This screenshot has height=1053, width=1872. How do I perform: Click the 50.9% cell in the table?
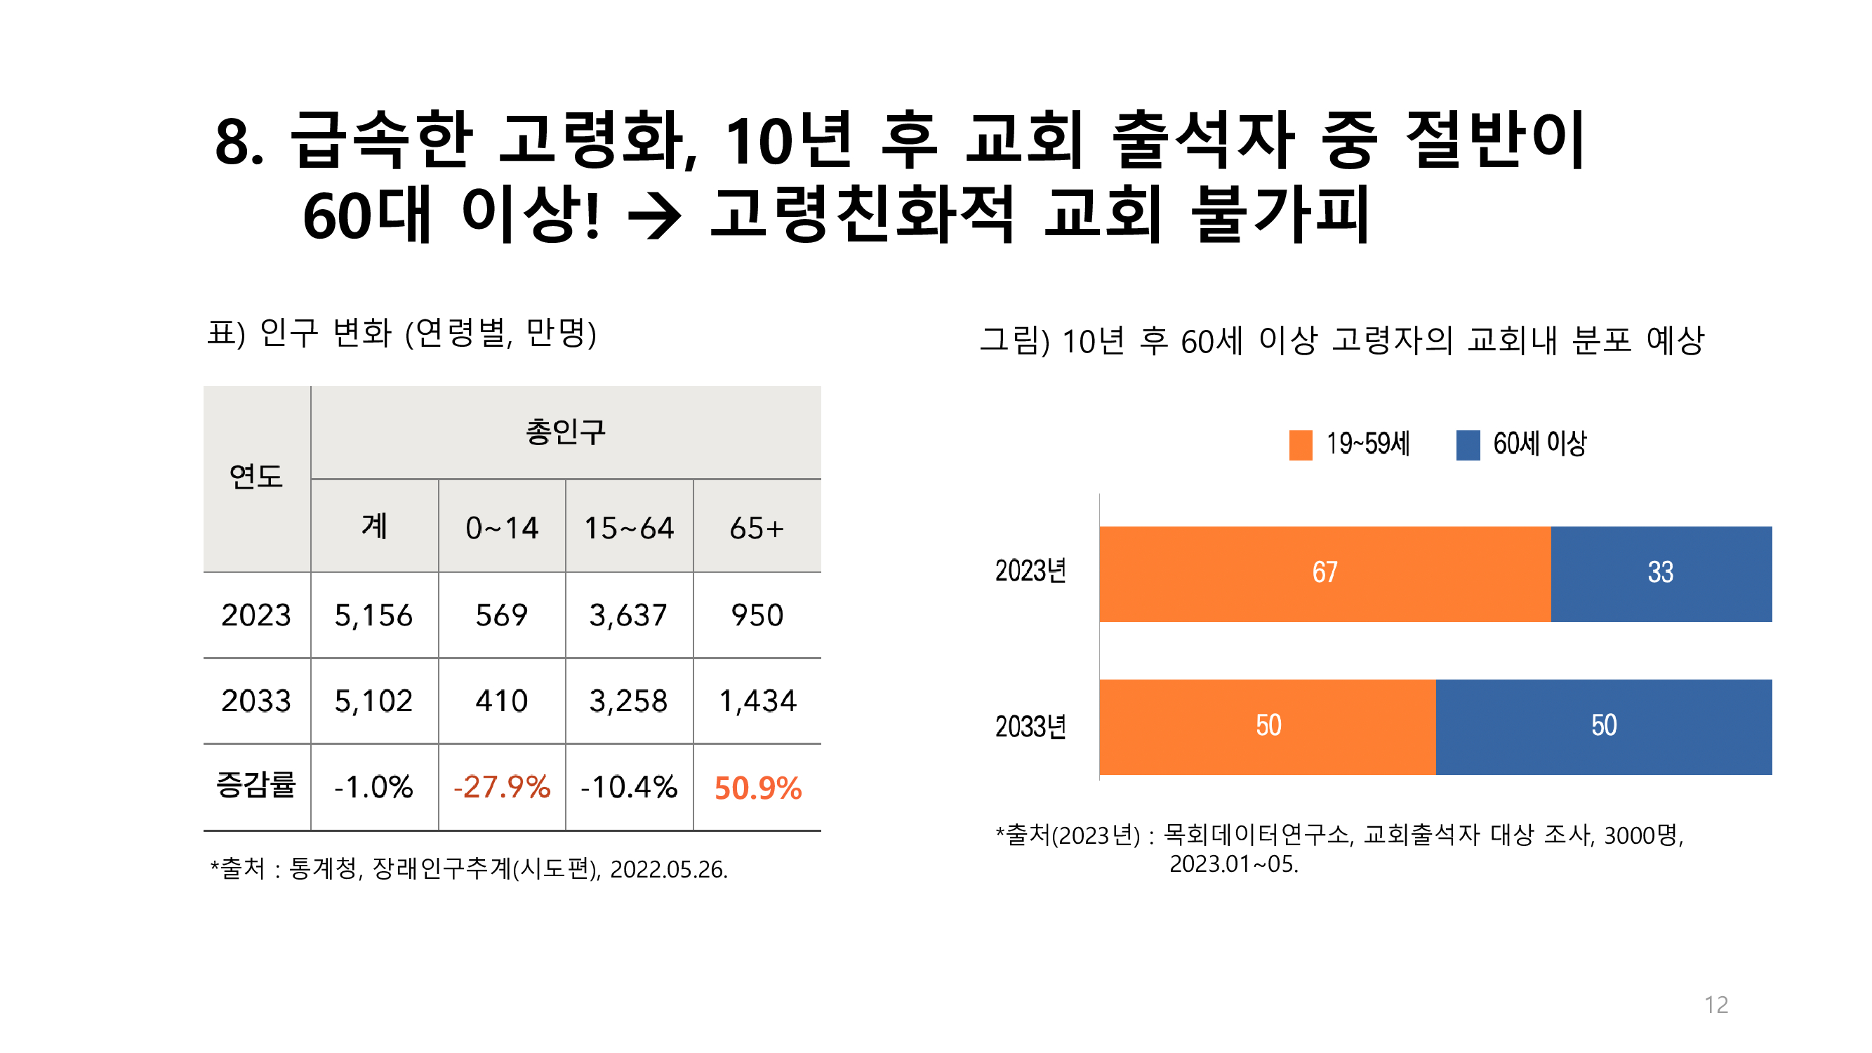click(757, 788)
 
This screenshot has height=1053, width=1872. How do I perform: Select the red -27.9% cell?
click(501, 787)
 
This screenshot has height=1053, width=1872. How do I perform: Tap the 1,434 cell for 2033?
click(757, 701)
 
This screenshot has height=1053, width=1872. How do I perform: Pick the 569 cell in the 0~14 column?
click(501, 616)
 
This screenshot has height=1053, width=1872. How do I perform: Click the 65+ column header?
click(757, 529)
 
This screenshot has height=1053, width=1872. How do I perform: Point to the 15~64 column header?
click(630, 529)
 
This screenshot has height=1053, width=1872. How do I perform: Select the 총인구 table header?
click(565, 432)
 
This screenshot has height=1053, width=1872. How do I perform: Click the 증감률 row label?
click(255, 786)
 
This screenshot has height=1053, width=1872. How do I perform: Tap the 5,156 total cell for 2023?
click(373, 616)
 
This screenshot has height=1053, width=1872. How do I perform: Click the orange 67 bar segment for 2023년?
click(1324, 574)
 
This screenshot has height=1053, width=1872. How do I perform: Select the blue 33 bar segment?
click(1661, 574)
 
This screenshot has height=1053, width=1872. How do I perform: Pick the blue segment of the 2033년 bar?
click(1603, 726)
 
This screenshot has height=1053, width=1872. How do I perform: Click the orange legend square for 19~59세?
click(1300, 445)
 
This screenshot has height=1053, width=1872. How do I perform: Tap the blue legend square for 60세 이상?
click(1467, 445)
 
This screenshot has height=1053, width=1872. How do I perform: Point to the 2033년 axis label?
click(1030, 727)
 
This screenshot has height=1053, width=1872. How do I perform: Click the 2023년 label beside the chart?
click(1030, 571)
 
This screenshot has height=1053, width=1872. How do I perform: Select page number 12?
click(1715, 1005)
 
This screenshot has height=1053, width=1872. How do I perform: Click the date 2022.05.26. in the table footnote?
click(668, 869)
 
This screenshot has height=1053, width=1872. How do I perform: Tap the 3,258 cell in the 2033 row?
click(629, 701)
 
